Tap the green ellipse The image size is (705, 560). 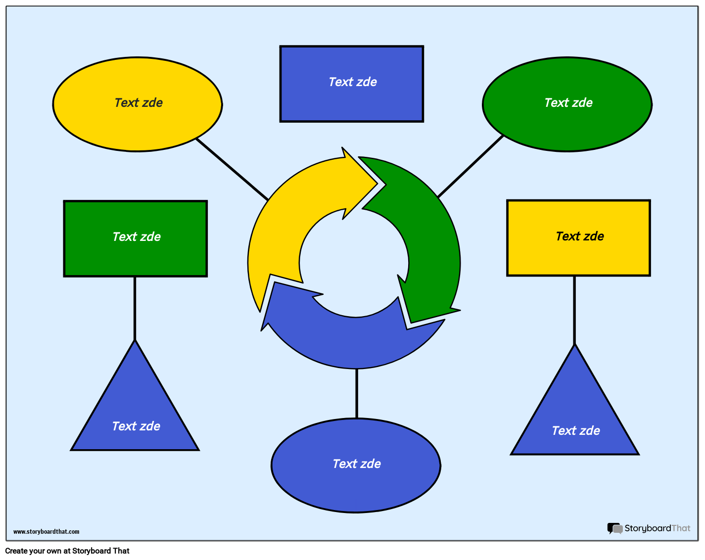point(567,124)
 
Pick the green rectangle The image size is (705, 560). point(135,257)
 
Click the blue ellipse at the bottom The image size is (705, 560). point(356,485)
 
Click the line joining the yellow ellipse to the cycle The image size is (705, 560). point(232,169)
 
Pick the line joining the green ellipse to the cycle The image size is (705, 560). point(470,166)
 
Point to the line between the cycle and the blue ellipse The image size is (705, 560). point(356,393)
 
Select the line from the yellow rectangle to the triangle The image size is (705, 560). point(574,309)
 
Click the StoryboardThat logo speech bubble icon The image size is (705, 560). point(614,528)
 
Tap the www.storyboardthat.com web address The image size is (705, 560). point(46,532)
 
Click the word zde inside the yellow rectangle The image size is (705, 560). point(593,236)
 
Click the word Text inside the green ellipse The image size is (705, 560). point(556,103)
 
